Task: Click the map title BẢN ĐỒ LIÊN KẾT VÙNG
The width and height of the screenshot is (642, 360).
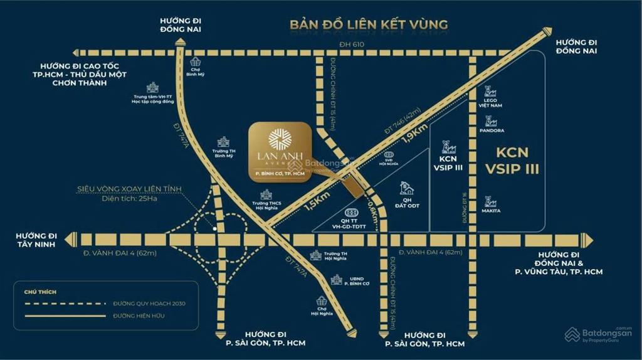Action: (368, 25)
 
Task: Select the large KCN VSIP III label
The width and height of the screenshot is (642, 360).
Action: (512, 161)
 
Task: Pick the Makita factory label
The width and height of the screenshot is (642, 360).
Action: (491, 210)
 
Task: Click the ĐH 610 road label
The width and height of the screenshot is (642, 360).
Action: (351, 44)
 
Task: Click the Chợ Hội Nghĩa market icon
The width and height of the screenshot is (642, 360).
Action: (322, 300)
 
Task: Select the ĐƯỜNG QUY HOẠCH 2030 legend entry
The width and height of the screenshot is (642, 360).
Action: (149, 304)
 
